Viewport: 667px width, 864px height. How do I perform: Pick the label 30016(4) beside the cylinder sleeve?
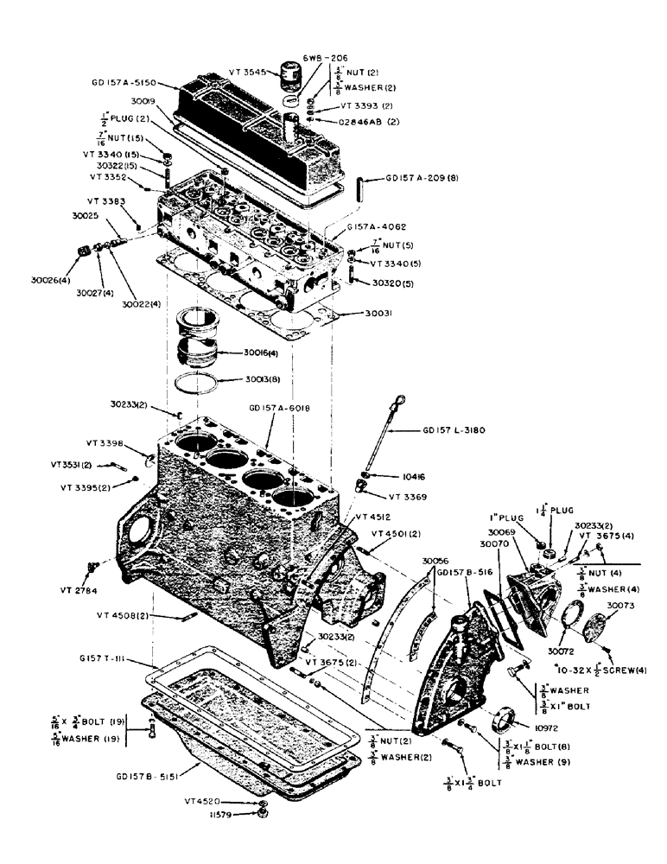point(261,353)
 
